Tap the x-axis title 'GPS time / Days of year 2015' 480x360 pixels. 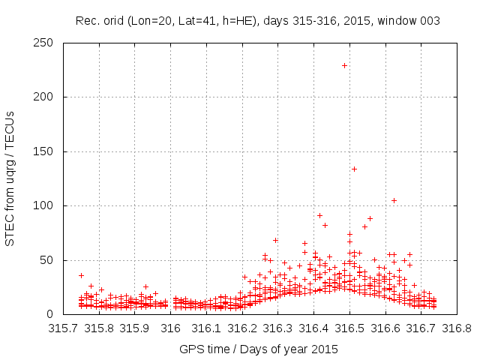259,349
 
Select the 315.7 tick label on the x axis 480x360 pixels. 64,328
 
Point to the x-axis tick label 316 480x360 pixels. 171,328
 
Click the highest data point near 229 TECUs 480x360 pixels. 344,65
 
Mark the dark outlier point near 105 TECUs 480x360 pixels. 394,200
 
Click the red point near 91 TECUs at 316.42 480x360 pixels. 319,215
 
